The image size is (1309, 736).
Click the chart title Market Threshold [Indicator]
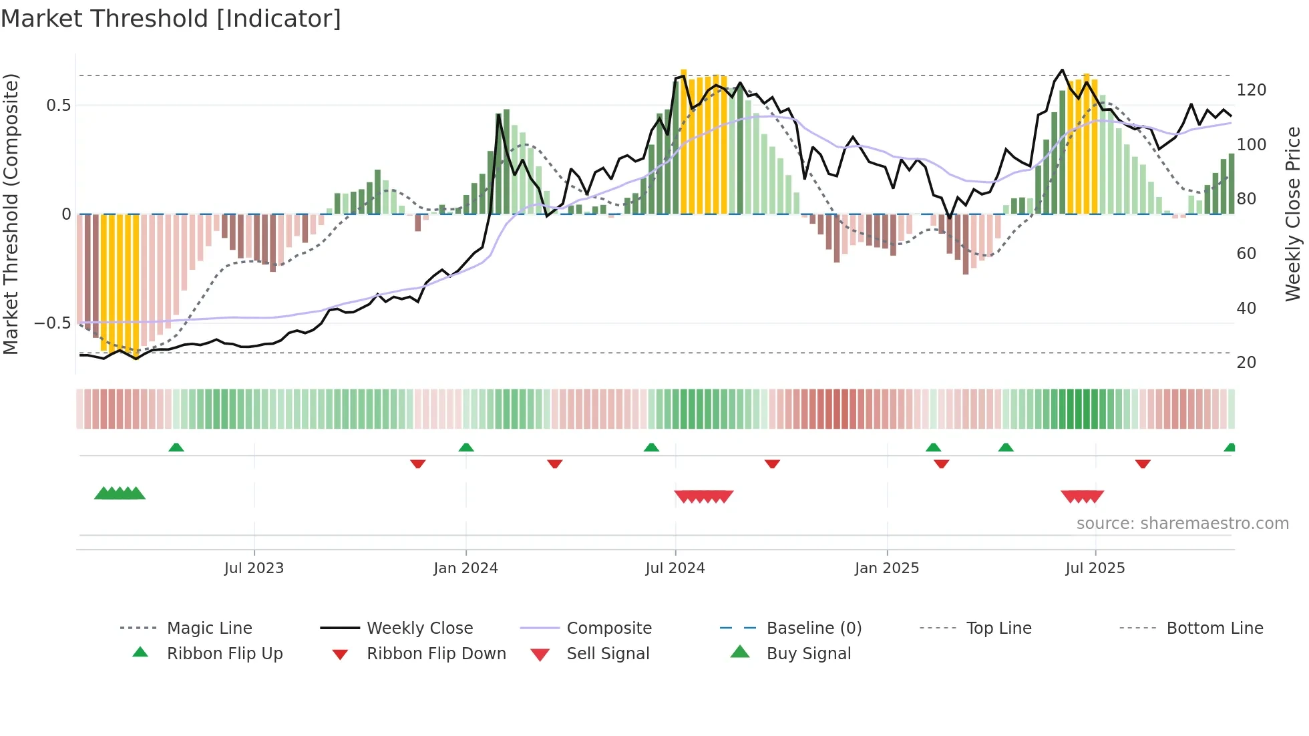(171, 19)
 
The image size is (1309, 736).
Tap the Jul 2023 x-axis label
(254, 568)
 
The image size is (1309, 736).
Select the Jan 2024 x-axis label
(465, 568)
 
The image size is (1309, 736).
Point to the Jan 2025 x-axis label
(887, 568)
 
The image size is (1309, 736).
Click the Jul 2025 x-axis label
(1095, 568)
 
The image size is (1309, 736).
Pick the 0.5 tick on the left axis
(58, 106)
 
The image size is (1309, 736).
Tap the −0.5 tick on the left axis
(53, 323)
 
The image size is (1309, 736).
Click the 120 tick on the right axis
(1251, 90)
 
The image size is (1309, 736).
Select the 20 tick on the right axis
(1246, 363)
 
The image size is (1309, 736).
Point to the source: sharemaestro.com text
(1182, 524)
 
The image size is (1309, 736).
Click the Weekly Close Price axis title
(1293, 214)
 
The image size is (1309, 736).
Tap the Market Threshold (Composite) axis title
(11, 214)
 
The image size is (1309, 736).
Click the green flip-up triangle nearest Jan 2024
(466, 447)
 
